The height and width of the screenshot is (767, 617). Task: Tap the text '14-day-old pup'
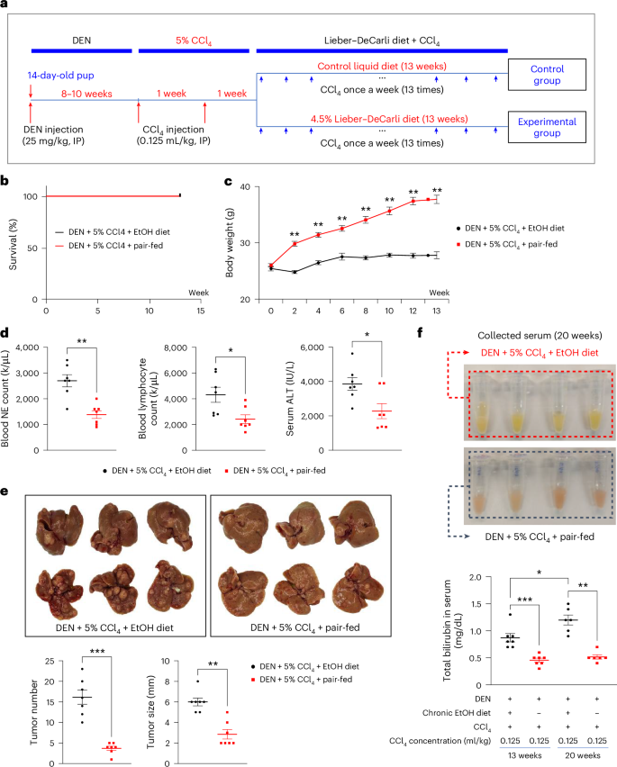(60, 76)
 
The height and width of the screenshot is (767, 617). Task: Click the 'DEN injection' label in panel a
(53, 130)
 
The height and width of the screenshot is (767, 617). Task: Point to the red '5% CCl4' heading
(194, 41)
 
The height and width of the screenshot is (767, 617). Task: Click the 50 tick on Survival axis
(32, 248)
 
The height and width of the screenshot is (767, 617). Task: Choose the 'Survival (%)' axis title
(14, 244)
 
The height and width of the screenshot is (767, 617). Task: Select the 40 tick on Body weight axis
(245, 187)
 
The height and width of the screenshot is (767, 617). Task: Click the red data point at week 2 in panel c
(295, 243)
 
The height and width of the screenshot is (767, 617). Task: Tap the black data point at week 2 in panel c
(295, 272)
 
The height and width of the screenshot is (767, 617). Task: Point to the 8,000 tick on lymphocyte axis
(176, 347)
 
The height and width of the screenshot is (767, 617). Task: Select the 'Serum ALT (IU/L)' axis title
(290, 399)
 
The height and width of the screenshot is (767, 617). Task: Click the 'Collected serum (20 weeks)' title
(540, 336)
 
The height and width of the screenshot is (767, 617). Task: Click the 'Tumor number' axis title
(33, 712)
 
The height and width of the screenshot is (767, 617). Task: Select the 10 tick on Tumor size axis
(166, 662)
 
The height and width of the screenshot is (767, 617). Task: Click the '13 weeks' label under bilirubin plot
(524, 755)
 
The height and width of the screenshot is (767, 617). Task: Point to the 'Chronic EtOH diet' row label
(457, 713)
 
